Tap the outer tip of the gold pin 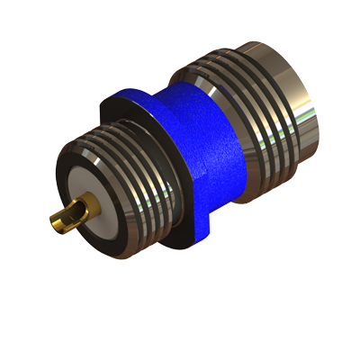(x=51, y=220)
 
